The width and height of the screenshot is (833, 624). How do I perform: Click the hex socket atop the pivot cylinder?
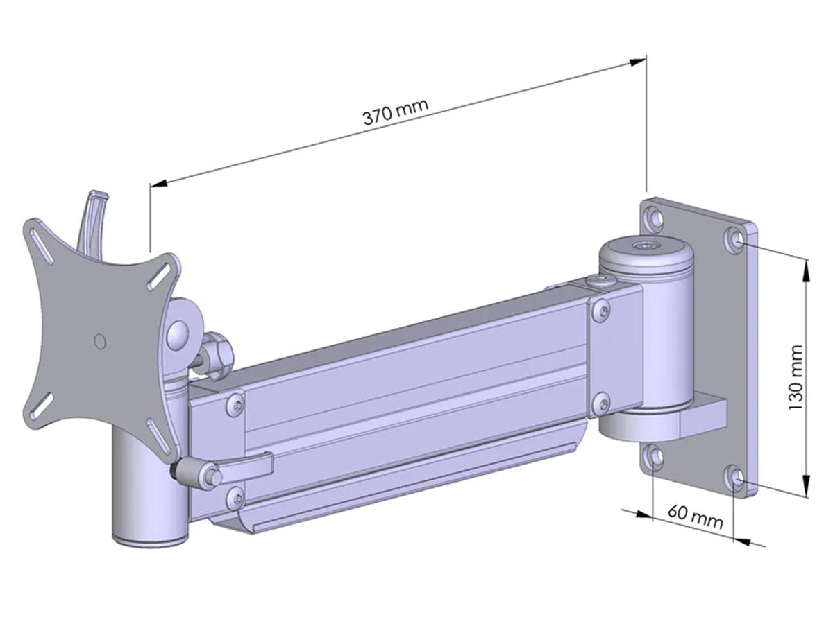click(x=646, y=245)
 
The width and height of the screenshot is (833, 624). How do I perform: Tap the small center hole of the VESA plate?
click(x=99, y=341)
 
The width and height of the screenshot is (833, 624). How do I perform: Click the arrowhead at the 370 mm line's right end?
click(x=639, y=62)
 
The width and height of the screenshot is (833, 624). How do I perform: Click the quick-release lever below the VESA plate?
click(x=243, y=465)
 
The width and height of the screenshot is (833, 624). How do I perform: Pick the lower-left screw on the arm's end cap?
click(x=235, y=495)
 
